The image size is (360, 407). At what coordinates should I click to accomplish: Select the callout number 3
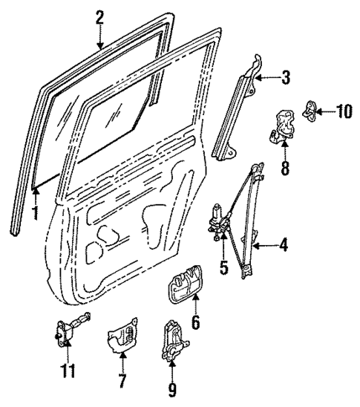(285, 76)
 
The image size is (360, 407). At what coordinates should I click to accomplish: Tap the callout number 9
(172, 389)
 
